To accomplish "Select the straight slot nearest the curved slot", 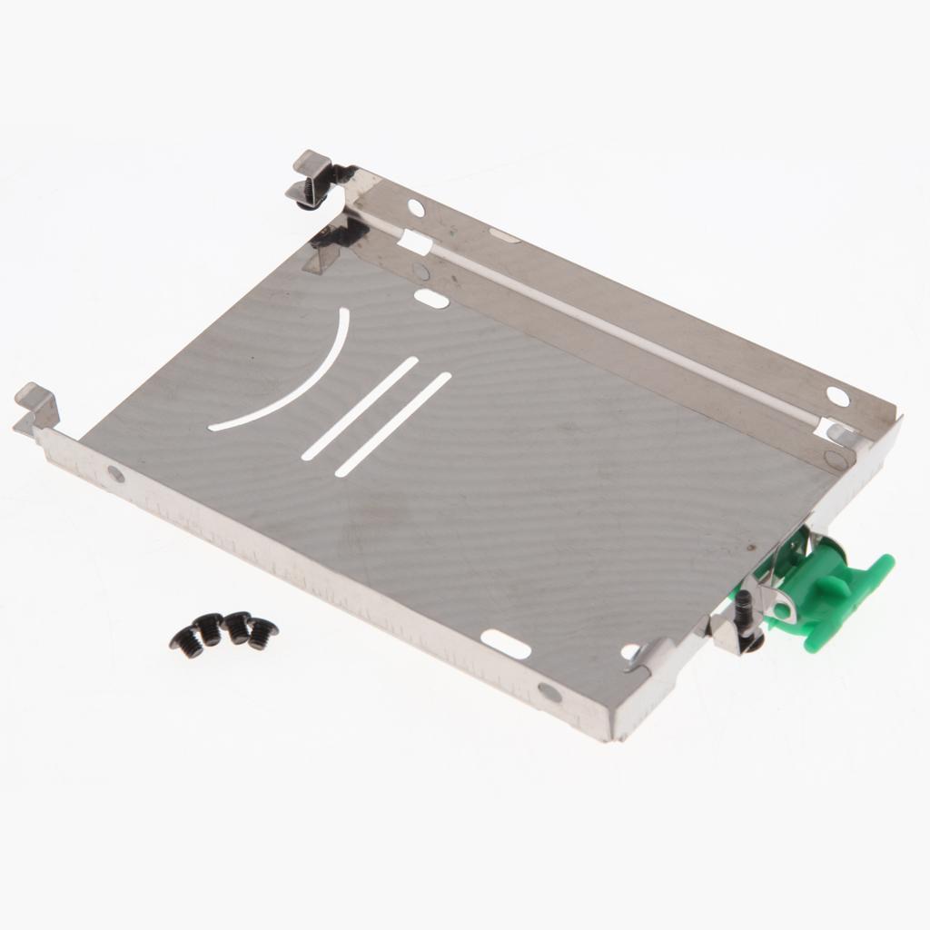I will [x=361, y=408].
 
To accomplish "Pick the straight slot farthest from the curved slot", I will [x=393, y=424].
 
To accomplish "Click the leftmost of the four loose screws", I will [x=186, y=643].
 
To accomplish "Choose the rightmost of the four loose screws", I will [x=262, y=633].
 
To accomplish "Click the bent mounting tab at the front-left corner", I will [x=36, y=408].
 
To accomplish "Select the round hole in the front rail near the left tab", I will [x=115, y=473].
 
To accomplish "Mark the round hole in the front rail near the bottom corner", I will [x=549, y=692].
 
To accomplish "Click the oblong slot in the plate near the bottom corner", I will [x=505, y=644].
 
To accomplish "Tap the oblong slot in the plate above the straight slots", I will [x=430, y=298].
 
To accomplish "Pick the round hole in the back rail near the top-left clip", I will [x=416, y=208].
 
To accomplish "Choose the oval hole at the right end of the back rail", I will [x=837, y=396].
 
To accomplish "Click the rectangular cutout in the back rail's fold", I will [x=414, y=242].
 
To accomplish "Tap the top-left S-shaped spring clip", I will [x=313, y=177].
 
